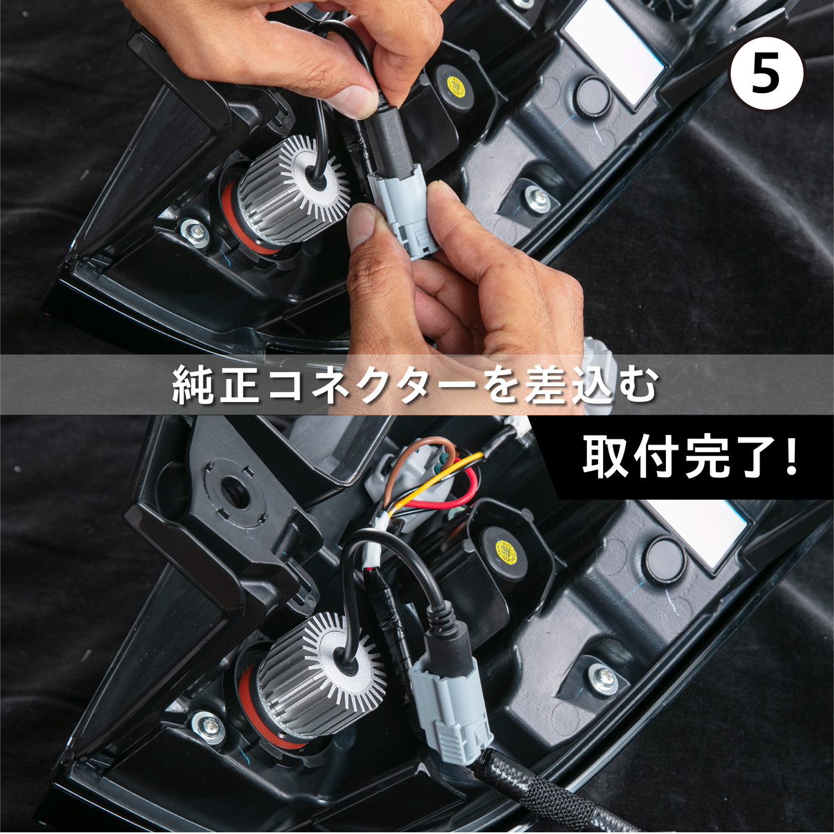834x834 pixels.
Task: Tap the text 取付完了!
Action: [690, 457]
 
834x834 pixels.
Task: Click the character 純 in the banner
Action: [194, 386]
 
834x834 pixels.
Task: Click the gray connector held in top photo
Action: [403, 212]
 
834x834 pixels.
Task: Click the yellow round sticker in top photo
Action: [456, 85]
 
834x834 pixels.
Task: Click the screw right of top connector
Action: [538, 198]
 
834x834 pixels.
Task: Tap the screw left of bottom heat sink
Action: [210, 726]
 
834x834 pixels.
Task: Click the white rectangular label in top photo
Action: [613, 48]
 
